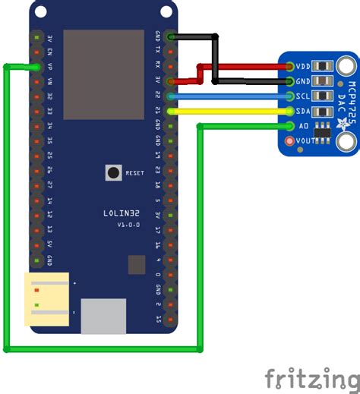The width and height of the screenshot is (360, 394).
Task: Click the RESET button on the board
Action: [113, 172]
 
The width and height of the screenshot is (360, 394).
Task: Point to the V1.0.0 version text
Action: [128, 225]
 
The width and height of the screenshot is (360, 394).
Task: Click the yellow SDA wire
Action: [228, 111]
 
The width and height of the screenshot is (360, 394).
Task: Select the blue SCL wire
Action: [228, 96]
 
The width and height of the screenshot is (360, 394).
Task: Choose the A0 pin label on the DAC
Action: [304, 125]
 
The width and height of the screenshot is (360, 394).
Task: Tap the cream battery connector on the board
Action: [47, 299]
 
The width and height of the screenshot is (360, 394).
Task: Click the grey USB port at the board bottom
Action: [103, 316]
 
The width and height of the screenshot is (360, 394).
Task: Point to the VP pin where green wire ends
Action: [36, 67]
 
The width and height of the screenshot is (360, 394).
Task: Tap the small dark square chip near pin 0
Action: [137, 264]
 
